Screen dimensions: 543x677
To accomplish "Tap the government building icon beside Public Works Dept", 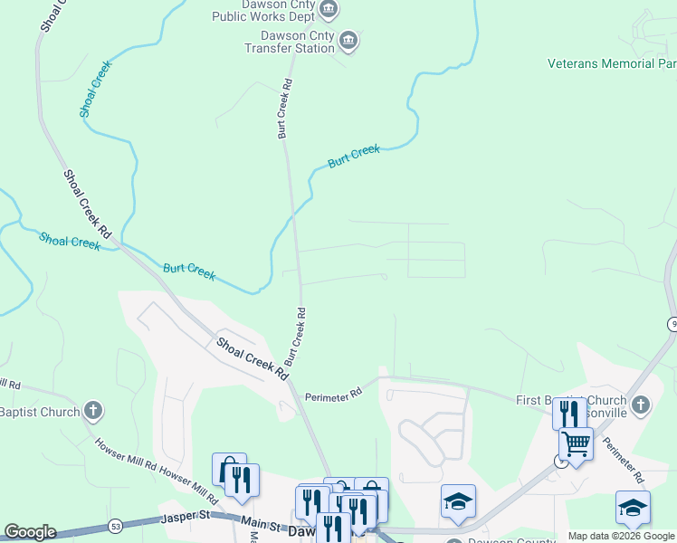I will tap(329, 11).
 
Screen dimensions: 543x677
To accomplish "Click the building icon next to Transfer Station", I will tap(348, 41).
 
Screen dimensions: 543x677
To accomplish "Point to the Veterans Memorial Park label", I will tap(612, 63).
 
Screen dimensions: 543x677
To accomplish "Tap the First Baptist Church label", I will tap(570, 400).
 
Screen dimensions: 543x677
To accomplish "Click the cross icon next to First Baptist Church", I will tap(640, 405).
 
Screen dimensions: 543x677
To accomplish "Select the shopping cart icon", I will tap(576, 443).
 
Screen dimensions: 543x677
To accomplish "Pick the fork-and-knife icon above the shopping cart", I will tap(567, 414).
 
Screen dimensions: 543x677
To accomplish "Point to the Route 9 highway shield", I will tap(672, 324).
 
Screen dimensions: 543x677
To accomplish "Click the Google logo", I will tap(30, 532).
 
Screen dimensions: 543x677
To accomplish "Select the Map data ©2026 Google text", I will tap(621, 536).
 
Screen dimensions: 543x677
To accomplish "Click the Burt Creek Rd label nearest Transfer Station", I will tap(284, 108).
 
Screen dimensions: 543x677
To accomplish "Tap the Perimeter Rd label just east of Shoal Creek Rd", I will tap(333, 394).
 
